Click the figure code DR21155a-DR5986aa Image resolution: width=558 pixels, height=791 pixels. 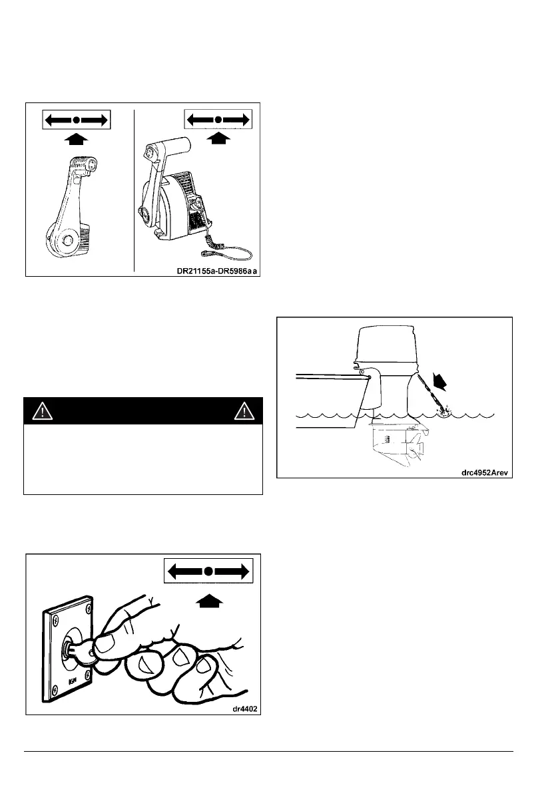[x=211, y=269]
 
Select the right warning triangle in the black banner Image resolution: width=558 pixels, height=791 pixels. [x=247, y=411]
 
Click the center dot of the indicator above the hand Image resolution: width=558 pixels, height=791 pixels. [x=208, y=571]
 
